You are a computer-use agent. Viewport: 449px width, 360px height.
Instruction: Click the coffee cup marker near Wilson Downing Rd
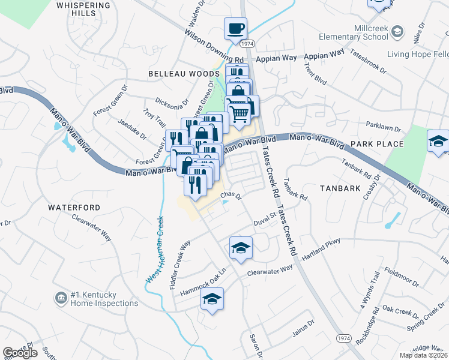pyautogui.click(x=235, y=28)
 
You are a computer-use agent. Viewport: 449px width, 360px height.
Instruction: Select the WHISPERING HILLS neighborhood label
pyautogui.click(x=83, y=9)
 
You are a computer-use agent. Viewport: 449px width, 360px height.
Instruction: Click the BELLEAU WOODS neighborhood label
pyautogui.click(x=184, y=73)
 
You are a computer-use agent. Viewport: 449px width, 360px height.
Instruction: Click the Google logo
pyautogui.click(x=20, y=353)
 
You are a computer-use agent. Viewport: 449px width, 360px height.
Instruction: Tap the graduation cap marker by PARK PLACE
pyautogui.click(x=438, y=142)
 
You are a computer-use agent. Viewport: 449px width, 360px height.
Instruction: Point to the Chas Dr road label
pyautogui.click(x=231, y=196)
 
